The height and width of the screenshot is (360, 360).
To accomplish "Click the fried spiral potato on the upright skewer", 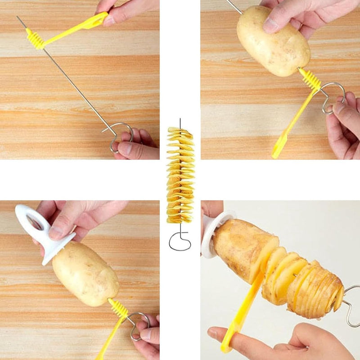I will tap(180, 175).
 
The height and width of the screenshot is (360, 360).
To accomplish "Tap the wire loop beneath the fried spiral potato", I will tap(180, 243).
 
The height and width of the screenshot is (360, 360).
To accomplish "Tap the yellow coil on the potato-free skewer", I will tap(36, 39).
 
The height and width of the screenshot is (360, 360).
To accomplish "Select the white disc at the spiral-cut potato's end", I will tap(210, 234).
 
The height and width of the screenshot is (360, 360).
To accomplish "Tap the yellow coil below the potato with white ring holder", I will tap(118, 309).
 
